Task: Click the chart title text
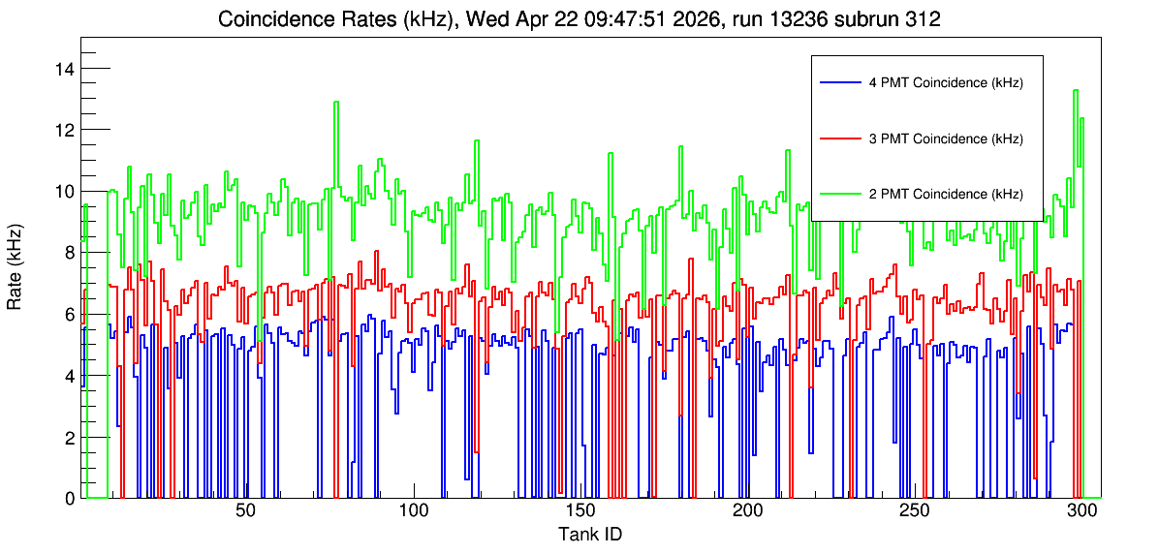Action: click(579, 20)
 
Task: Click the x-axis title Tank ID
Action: click(590, 534)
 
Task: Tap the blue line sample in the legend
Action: click(839, 82)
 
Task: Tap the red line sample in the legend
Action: click(839, 138)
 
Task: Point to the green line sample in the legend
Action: click(839, 194)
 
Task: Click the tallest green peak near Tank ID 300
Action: click(1076, 91)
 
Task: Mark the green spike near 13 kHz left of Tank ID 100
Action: click(336, 102)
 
